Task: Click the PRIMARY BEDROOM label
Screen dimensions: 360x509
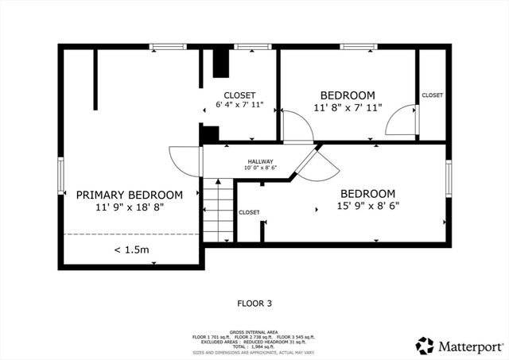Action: coord(129,195)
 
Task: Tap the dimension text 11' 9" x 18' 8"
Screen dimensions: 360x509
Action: coord(129,207)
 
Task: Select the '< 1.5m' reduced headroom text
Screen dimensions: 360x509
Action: coord(131,250)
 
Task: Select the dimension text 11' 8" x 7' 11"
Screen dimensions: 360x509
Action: coord(347,106)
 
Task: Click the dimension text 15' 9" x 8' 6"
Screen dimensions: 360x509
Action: coord(367,207)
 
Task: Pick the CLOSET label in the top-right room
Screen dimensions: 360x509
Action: coord(433,95)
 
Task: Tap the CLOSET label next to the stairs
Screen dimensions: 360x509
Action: coord(249,212)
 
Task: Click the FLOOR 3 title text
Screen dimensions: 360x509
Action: coord(254,303)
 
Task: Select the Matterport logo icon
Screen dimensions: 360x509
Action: coord(425,346)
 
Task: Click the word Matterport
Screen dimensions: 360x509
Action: coord(471,346)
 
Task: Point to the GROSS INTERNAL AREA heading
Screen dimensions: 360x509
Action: coord(254,331)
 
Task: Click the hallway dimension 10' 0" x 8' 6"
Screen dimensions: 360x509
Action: coord(260,168)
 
